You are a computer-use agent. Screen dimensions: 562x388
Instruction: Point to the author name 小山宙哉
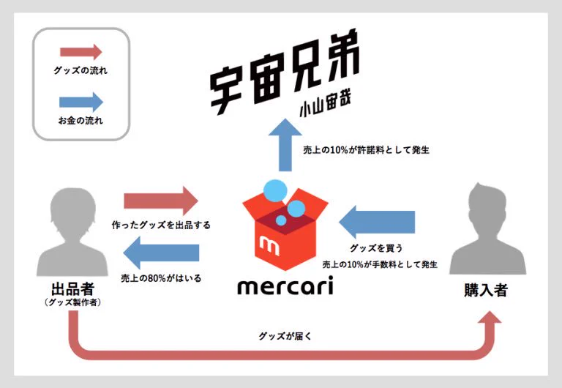[323, 110]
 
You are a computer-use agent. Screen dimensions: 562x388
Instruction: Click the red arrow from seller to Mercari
[161, 201]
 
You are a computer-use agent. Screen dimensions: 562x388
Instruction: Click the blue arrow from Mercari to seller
[161, 254]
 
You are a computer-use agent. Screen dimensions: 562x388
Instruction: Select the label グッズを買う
[378, 247]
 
